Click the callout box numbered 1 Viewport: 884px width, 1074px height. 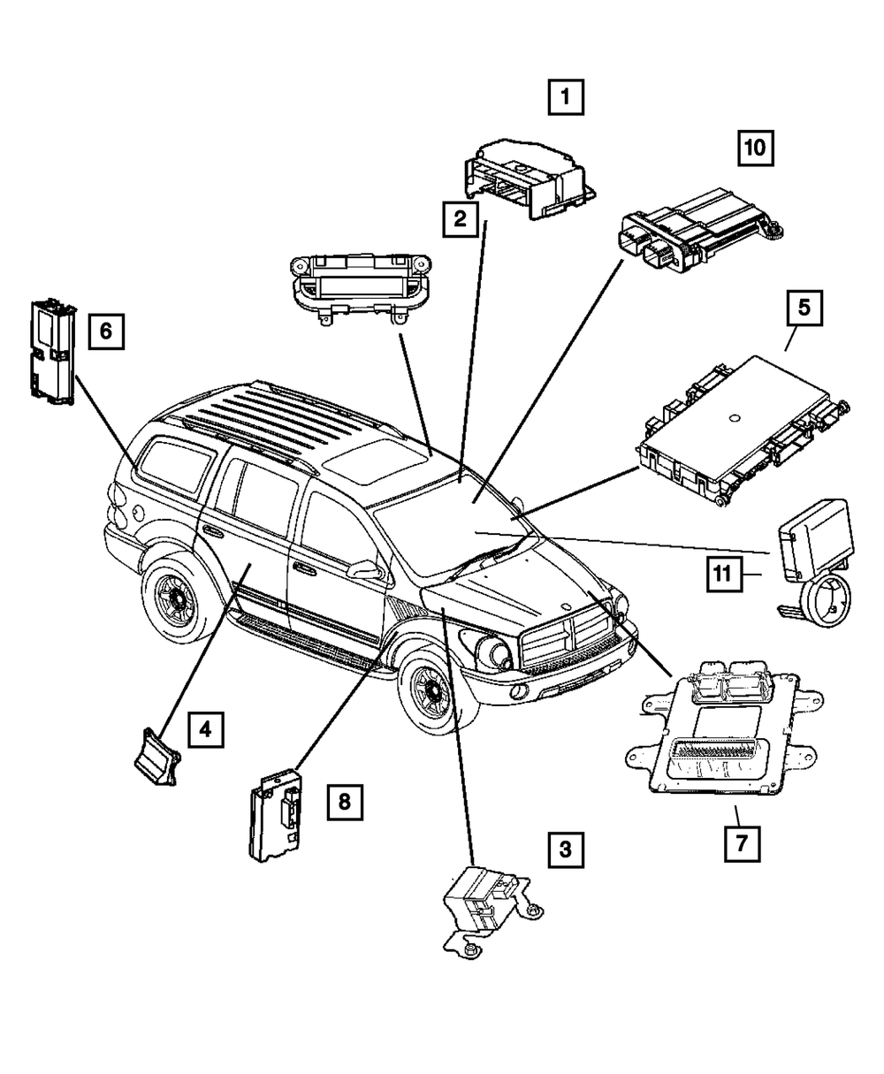tap(566, 96)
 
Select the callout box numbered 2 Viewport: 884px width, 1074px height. tap(461, 219)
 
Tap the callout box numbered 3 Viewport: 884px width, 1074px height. tap(566, 850)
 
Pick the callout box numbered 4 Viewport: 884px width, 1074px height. tap(206, 730)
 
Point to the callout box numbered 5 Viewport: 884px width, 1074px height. tap(804, 308)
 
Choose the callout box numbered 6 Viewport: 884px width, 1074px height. tap(106, 331)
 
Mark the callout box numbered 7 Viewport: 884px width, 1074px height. tap(742, 844)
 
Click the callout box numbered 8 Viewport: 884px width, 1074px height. tap(345, 802)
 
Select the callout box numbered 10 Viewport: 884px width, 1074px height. tap(756, 149)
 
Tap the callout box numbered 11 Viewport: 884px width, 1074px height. tap(725, 574)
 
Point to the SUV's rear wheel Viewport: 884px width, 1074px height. tap(177, 597)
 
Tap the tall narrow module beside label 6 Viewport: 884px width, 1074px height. tap(53, 352)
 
